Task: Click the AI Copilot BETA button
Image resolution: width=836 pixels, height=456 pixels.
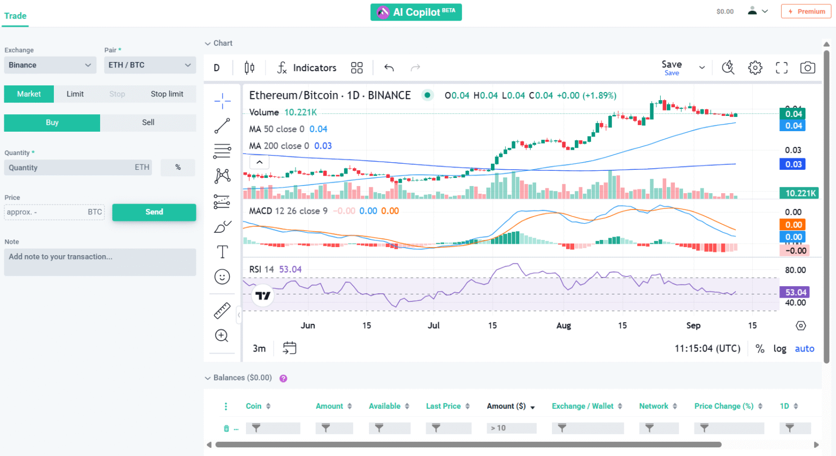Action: point(416,12)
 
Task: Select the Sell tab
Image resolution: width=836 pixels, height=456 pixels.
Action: point(148,122)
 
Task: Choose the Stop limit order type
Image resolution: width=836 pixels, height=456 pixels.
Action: point(167,94)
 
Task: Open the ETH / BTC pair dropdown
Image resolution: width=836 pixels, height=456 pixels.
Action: point(150,65)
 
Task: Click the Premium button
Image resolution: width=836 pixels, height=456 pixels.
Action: point(806,11)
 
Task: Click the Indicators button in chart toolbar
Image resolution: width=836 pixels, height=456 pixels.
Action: point(307,67)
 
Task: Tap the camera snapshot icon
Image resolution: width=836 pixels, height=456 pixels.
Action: point(807,67)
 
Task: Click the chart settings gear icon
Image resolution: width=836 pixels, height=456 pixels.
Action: point(755,67)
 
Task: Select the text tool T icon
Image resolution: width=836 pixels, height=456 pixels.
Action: point(222,251)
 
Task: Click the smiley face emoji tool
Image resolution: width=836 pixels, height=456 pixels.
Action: point(222,277)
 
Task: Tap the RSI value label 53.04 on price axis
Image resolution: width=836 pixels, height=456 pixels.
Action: point(795,292)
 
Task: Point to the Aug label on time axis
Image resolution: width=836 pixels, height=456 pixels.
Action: point(563,325)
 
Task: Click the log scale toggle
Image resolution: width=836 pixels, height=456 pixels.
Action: point(779,349)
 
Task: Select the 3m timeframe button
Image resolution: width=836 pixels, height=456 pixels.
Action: point(259,349)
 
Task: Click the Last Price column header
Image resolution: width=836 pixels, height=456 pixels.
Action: point(443,406)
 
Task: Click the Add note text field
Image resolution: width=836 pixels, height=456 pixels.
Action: point(100,262)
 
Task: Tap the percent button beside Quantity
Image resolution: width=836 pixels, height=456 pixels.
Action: point(178,168)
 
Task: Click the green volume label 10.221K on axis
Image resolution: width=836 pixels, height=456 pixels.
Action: point(800,193)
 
